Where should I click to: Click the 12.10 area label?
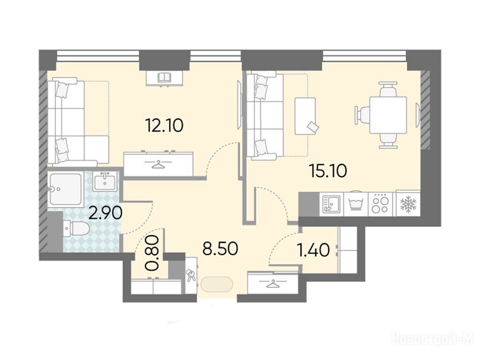(x=165, y=125)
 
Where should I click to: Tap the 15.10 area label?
(x=328, y=171)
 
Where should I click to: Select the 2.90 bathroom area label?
(x=105, y=213)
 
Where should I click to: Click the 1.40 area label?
(x=314, y=250)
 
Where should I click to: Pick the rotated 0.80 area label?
(x=153, y=253)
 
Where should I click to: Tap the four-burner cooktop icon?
(x=380, y=204)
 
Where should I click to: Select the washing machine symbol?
(x=356, y=203)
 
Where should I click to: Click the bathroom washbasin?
(x=105, y=181)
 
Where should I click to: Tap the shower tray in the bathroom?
(x=65, y=189)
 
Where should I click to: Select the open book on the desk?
(x=165, y=77)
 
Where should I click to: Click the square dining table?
(x=388, y=115)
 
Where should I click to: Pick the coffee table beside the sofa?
(x=305, y=116)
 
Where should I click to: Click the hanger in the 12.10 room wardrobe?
(x=158, y=165)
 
